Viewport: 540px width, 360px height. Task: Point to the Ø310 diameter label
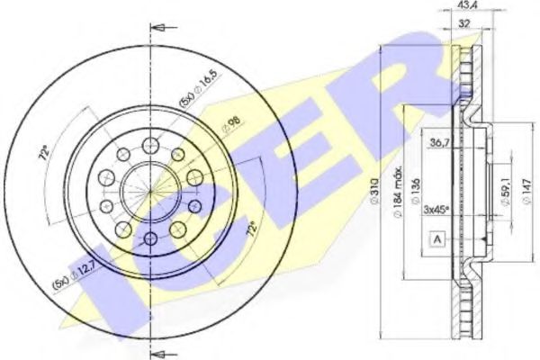(382, 184)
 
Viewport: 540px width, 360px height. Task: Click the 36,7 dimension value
(438, 143)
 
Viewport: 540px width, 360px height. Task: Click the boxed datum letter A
(437, 240)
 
